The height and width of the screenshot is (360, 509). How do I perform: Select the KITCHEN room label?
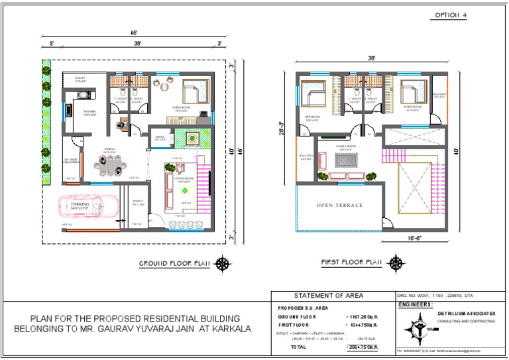[89, 113]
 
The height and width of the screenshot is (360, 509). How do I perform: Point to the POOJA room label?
[160, 139]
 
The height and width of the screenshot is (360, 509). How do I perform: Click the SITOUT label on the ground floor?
[138, 202]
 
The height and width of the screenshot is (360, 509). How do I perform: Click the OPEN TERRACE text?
[339, 206]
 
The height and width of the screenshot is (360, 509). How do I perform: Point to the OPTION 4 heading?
[451, 15]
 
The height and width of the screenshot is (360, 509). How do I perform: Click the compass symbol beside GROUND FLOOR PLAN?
[224, 263]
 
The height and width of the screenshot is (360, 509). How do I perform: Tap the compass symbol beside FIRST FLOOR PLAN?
[397, 263]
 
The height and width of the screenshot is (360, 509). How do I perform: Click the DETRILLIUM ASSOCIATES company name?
[464, 313]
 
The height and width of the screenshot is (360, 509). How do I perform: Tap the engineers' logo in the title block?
[416, 329]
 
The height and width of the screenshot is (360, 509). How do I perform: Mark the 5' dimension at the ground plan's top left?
[51, 44]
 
